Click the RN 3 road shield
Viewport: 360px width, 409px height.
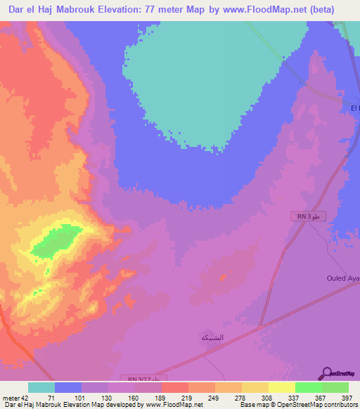pyautogui.click(x=307, y=217)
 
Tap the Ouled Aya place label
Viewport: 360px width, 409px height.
pyautogui.click(x=343, y=278)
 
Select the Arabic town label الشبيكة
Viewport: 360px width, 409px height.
pyautogui.click(x=213, y=337)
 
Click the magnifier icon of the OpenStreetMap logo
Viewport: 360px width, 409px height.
pyautogui.click(x=326, y=372)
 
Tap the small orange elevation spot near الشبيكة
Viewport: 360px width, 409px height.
pyautogui.click(x=222, y=277)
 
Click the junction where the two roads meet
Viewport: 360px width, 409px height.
pyautogui.click(x=261, y=325)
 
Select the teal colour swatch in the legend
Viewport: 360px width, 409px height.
pyautogui.click(x=41, y=387)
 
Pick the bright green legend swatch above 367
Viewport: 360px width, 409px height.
pyautogui.click(x=309, y=387)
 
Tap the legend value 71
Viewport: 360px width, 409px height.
pyautogui.click(x=51, y=398)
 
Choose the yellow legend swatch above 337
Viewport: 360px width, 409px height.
pyautogui.click(x=282, y=387)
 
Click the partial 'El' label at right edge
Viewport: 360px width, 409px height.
pyautogui.click(x=355, y=108)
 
